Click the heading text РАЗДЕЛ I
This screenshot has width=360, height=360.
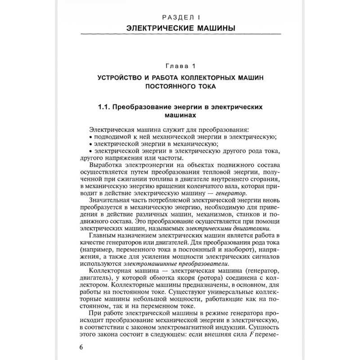(180, 18)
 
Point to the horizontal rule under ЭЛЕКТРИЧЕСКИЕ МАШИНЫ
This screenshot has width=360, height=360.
(180, 35)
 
